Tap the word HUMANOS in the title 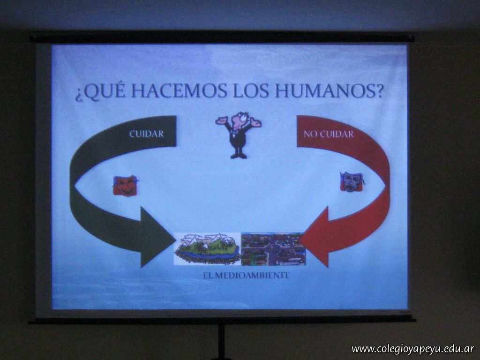(330, 90)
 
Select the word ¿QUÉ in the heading (101, 91)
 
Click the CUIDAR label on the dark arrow (147, 134)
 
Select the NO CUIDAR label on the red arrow (329, 134)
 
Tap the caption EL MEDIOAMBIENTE (247, 275)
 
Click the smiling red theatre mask (125, 185)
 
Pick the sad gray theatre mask (352, 181)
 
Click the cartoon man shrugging (239, 135)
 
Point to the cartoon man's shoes (239, 156)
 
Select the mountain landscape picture (207, 248)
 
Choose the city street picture (273, 249)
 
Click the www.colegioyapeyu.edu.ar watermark (413, 349)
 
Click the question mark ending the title (379, 90)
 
